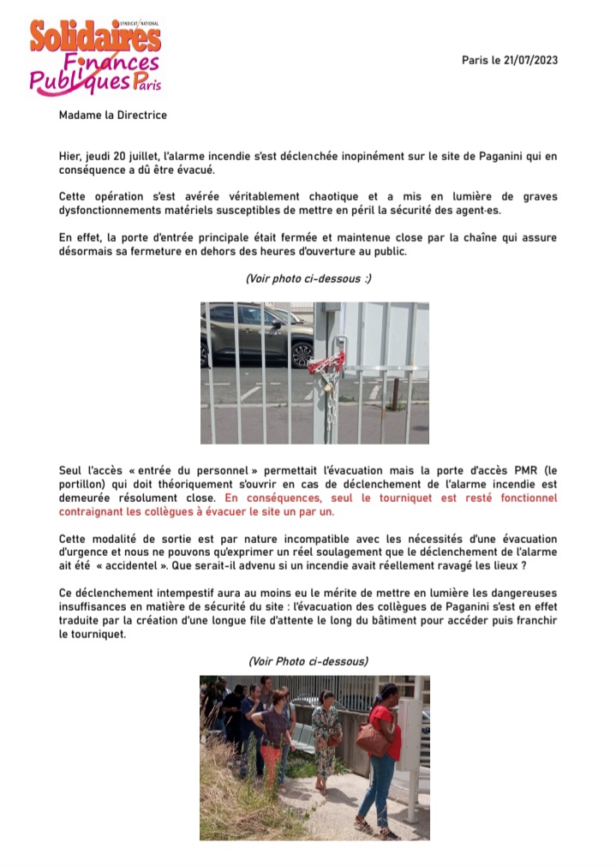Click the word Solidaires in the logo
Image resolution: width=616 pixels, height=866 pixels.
pyautogui.click(x=95, y=37)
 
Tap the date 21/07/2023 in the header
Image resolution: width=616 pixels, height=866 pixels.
pyautogui.click(x=539, y=60)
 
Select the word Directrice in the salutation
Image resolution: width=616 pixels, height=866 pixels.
pyautogui.click(x=138, y=116)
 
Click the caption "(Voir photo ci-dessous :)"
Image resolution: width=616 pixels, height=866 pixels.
pyautogui.click(x=308, y=278)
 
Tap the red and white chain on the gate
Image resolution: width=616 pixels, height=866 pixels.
pyautogui.click(x=327, y=364)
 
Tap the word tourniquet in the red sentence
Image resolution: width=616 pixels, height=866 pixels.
pyautogui.click(x=400, y=498)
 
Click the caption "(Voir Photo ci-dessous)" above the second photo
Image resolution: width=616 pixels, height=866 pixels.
pyautogui.click(x=308, y=662)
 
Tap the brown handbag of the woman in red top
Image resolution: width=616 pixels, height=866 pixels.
pyautogui.click(x=372, y=740)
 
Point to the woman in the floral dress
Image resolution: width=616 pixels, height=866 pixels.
pyautogui.click(x=326, y=737)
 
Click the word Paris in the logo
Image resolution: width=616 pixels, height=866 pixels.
pyautogui.click(x=147, y=83)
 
